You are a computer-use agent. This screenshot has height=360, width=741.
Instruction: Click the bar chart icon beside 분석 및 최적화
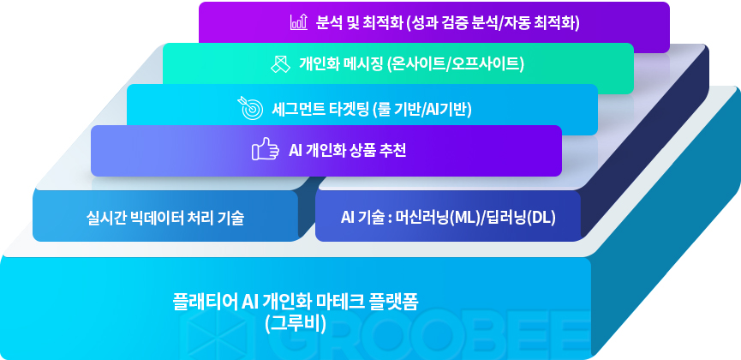point(299,22)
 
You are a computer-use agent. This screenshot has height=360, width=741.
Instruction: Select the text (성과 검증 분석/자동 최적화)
point(493,22)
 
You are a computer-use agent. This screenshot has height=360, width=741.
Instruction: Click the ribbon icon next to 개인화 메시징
point(280,64)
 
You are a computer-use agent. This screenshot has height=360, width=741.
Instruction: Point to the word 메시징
point(362,64)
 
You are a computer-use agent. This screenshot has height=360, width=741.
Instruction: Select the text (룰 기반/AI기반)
point(422,110)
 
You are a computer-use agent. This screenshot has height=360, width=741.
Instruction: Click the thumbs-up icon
point(264,149)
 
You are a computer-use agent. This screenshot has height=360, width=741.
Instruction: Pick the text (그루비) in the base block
point(296,324)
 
